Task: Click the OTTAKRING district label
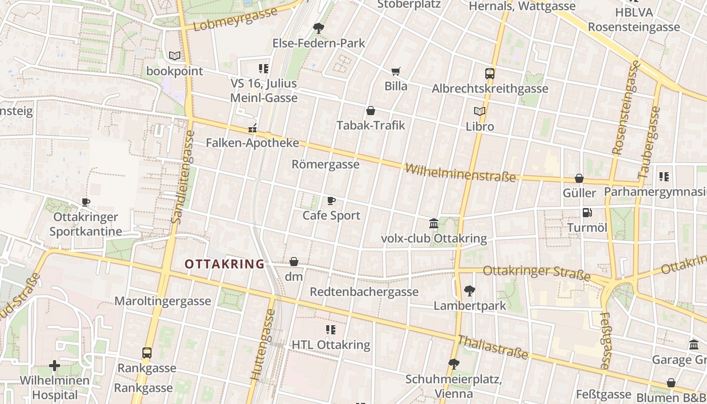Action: pos(224,264)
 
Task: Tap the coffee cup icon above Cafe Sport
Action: pos(331,201)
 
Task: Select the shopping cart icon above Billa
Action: pos(396,72)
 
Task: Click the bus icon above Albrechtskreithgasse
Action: pos(489,74)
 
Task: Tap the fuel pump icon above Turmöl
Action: pos(587,213)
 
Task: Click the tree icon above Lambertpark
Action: pos(470,291)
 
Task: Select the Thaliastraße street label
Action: pos(492,347)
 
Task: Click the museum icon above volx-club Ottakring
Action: pos(434,224)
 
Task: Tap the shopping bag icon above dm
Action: pos(294,262)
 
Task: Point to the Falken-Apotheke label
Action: pos(252,143)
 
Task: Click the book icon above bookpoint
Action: pos(175,56)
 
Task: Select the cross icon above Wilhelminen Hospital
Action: pos(55,365)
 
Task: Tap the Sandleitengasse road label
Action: pos(182,177)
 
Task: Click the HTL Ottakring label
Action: pos(331,345)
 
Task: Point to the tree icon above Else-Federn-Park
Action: pos(319,28)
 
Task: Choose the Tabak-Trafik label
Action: pos(371,125)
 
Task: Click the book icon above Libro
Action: pos(480,111)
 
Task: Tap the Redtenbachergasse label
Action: pos(364,292)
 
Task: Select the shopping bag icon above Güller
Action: pos(579,179)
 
